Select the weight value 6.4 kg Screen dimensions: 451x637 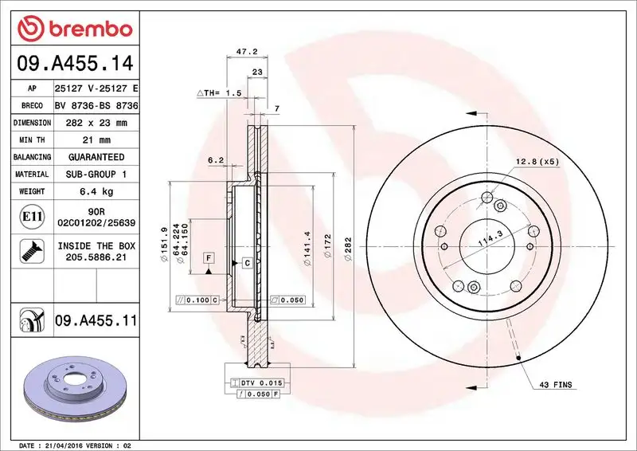click(96, 191)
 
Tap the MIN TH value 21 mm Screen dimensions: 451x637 click(96, 140)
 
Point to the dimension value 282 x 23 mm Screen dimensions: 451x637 click(96, 123)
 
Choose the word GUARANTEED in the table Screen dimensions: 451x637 click(96, 157)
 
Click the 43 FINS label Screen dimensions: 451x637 click(555, 385)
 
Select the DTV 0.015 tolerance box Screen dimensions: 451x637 click(260, 383)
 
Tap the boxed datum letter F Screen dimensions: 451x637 click(207, 257)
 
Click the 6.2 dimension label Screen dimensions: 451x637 click(215, 160)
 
